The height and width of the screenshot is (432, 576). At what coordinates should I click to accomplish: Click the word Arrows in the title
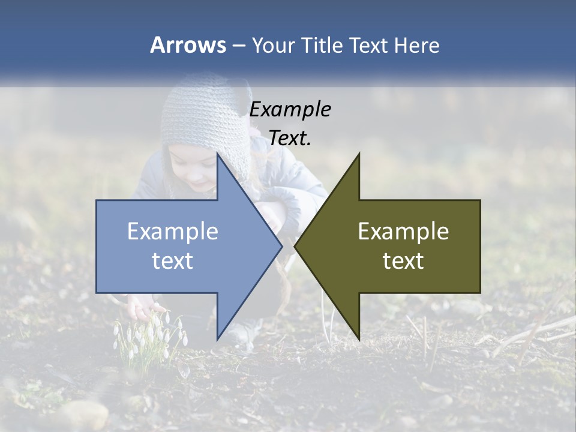pos(188,45)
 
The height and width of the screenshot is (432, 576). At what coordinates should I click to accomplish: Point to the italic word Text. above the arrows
pos(290,139)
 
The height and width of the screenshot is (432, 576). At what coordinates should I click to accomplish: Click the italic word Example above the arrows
pos(290,110)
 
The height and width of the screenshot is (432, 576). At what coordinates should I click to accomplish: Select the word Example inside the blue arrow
pos(173,232)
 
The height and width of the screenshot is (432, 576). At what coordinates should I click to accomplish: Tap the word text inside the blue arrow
pos(173,261)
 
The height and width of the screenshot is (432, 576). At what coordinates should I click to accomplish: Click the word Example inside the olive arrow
pos(403,232)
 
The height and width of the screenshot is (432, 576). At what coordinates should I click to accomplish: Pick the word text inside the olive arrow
pos(403,261)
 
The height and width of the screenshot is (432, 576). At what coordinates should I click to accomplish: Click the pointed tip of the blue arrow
pos(281,246)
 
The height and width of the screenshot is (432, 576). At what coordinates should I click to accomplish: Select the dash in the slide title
pos(238,46)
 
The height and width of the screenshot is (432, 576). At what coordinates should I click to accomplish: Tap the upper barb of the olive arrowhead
pos(358,157)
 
